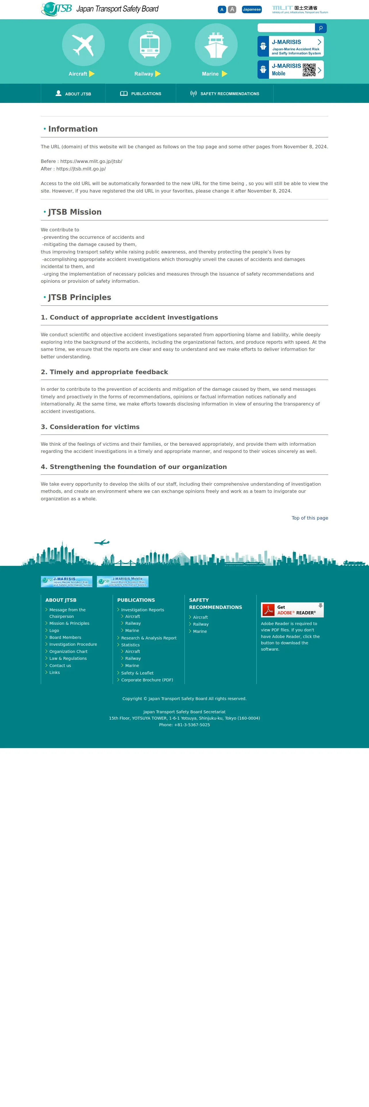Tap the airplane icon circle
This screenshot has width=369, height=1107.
(x=83, y=45)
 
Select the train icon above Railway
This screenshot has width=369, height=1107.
(x=149, y=45)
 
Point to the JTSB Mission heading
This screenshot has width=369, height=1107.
(x=75, y=212)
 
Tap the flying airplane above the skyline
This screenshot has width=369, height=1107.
(x=102, y=542)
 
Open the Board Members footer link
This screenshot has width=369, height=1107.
(x=65, y=637)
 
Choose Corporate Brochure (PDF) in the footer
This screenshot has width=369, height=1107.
(x=147, y=680)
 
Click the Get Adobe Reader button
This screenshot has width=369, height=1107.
(x=292, y=610)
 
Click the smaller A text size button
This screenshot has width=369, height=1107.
(x=222, y=9)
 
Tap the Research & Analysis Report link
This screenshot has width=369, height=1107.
(x=149, y=638)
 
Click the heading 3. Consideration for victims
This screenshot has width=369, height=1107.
(x=90, y=427)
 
